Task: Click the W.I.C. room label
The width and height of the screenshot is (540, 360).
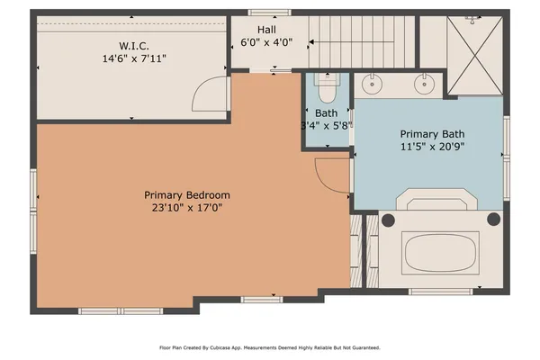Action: click(134, 45)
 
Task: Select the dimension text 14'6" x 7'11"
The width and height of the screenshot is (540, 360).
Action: click(134, 58)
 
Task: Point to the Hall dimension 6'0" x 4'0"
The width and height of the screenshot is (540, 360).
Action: click(266, 42)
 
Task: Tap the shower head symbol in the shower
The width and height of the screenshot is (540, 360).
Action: click(469, 18)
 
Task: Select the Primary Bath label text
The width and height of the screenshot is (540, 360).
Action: click(431, 132)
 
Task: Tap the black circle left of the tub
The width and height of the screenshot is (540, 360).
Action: click(385, 219)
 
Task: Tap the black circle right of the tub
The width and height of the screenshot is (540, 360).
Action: click(492, 219)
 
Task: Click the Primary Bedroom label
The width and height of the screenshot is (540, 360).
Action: click(187, 194)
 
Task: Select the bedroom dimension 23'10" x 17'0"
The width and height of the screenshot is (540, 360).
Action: click(187, 208)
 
